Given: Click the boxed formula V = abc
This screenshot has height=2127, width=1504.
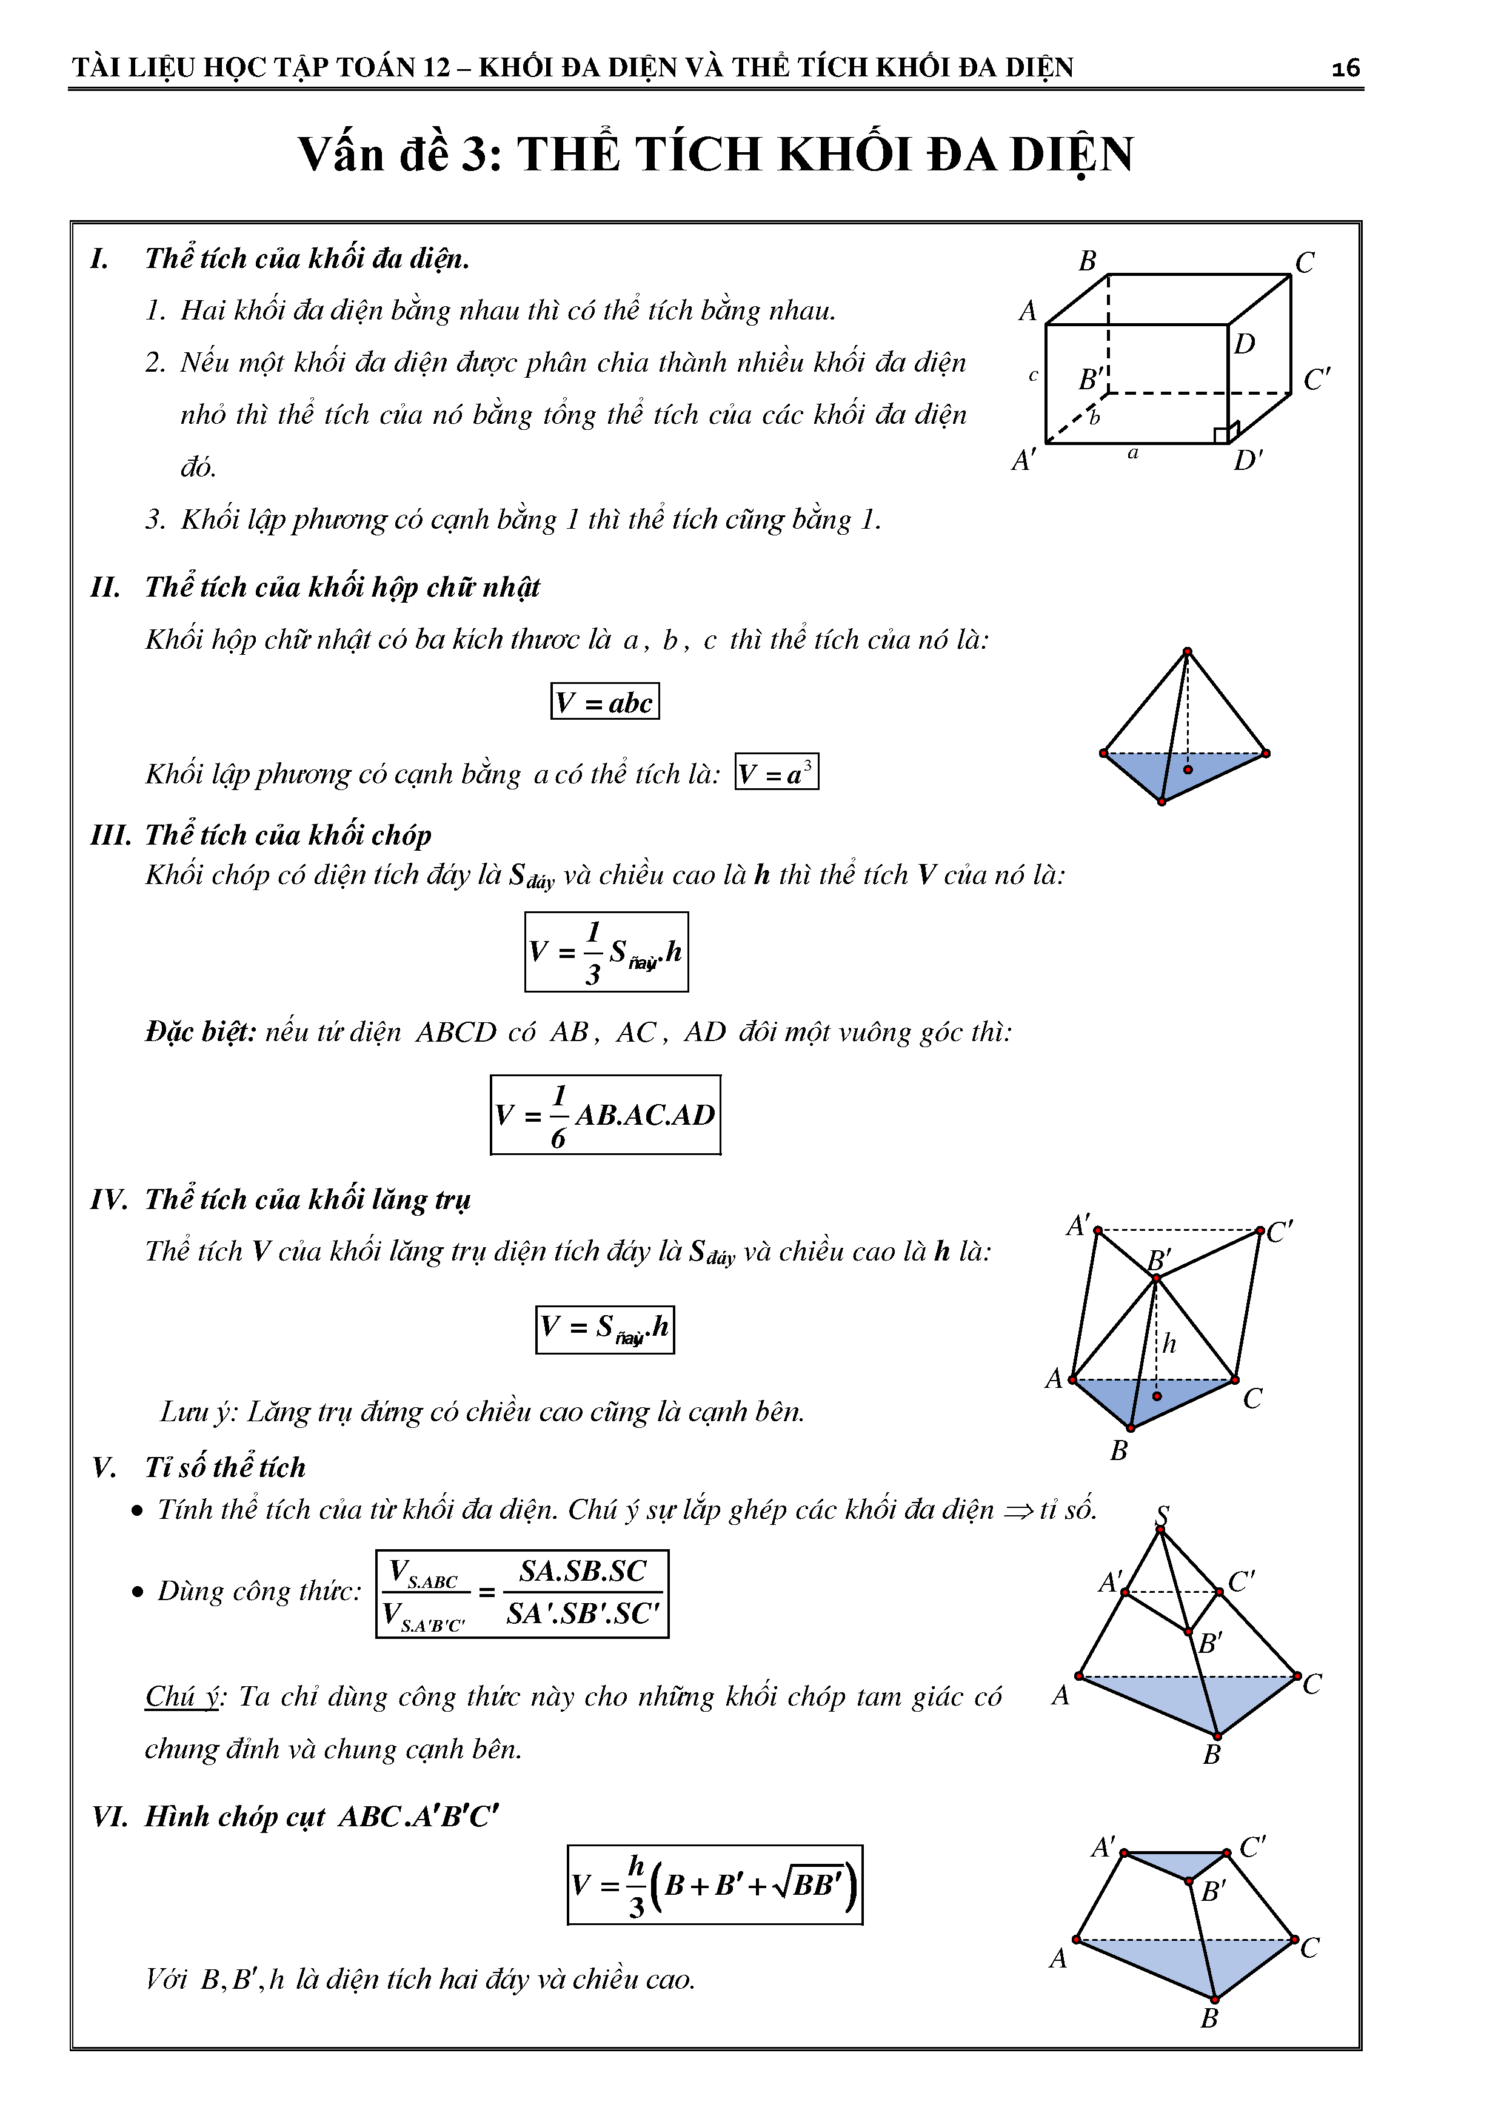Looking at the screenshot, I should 605,702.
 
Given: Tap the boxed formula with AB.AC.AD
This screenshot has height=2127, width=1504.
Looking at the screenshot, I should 606,1114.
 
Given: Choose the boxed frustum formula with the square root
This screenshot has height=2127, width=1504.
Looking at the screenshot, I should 714,1885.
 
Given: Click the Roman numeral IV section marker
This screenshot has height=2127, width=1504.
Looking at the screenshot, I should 109,1200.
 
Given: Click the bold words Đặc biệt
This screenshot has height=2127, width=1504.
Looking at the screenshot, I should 200,1032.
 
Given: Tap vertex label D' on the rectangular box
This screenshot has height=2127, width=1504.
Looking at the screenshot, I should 1248,460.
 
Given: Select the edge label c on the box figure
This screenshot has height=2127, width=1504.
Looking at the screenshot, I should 1034,376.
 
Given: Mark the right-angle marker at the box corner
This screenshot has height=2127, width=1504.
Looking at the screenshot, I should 1221,435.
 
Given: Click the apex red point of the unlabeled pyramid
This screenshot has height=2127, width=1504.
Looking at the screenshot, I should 1188,651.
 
